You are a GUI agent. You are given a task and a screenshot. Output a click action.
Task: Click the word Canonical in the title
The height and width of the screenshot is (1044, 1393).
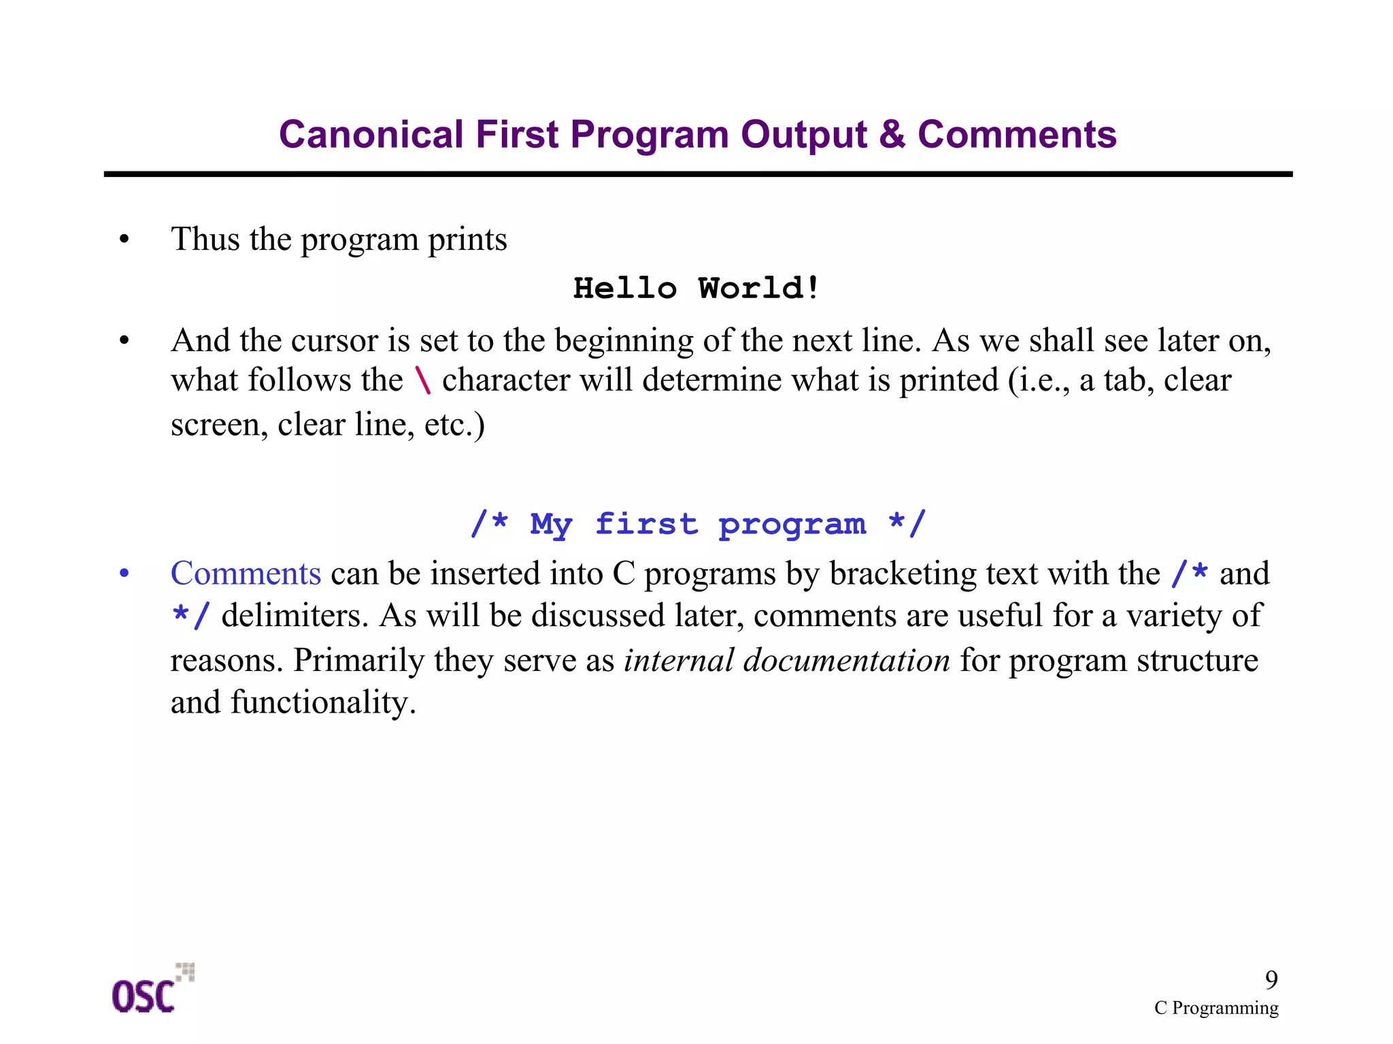pyautogui.click(x=371, y=134)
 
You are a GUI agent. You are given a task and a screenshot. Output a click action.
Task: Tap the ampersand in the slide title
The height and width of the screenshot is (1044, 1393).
pyautogui.click(x=892, y=134)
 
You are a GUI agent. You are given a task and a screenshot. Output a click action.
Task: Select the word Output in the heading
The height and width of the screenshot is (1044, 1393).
pyautogui.click(x=803, y=134)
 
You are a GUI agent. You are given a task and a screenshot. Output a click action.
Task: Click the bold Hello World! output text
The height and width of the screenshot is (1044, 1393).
pyautogui.click(x=696, y=288)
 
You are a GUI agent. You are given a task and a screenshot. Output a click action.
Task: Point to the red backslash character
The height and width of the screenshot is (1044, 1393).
pyautogui.click(x=423, y=380)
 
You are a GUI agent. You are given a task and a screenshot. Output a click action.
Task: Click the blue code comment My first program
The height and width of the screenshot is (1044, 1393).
pyautogui.click(x=697, y=524)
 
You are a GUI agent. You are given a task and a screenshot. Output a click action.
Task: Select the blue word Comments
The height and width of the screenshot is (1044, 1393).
pyautogui.click(x=246, y=573)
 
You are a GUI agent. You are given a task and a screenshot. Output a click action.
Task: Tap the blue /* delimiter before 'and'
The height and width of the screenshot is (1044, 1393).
pyautogui.click(x=1190, y=573)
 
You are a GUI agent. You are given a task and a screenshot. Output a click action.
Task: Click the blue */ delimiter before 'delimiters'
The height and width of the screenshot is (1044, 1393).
pyautogui.click(x=190, y=616)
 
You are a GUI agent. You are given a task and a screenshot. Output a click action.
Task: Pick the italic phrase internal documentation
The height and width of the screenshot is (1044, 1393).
pyautogui.click(x=786, y=660)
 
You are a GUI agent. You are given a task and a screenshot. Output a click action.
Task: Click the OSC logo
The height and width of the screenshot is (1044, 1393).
pyautogui.click(x=151, y=990)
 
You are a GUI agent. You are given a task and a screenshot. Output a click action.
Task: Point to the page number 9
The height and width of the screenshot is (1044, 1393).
pyautogui.click(x=1271, y=979)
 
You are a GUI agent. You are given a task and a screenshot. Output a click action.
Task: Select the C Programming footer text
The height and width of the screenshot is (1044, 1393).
pyautogui.click(x=1215, y=1007)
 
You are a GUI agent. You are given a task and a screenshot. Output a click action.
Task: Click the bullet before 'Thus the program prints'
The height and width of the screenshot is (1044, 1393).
pyautogui.click(x=124, y=240)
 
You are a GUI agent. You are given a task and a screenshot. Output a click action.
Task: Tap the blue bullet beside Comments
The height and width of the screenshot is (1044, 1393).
pyautogui.click(x=124, y=573)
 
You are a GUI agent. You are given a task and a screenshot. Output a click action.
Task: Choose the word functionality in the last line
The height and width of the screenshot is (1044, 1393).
pyautogui.click(x=323, y=702)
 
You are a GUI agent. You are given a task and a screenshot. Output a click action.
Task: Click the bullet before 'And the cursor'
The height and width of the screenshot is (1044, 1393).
pyautogui.click(x=124, y=340)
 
